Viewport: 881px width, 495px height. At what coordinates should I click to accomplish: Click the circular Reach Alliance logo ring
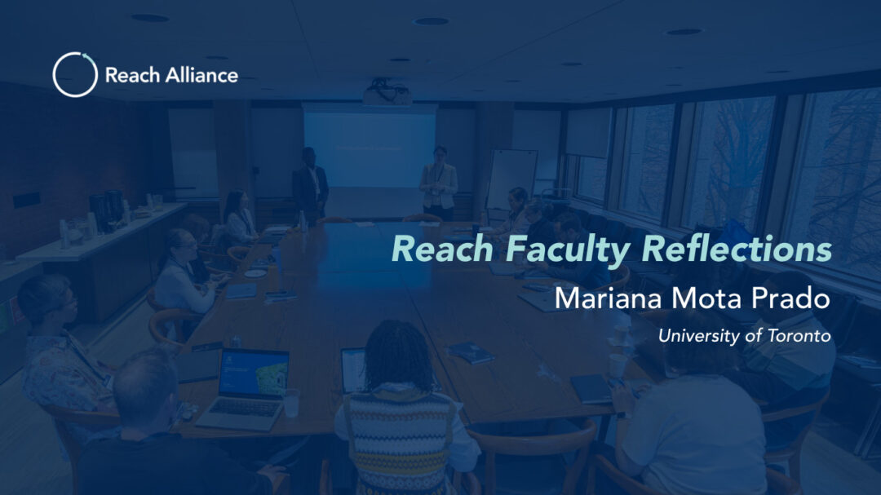point(53,75)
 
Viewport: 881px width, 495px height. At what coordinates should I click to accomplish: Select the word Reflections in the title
point(737,249)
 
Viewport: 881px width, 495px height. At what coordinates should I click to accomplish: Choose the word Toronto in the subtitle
point(799,336)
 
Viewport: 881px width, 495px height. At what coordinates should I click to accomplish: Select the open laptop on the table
point(246,388)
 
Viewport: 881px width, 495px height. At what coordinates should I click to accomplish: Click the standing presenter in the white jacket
point(439,183)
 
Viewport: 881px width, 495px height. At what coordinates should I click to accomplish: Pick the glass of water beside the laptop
point(291,403)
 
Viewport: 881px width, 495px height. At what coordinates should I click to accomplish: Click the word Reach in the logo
point(133,75)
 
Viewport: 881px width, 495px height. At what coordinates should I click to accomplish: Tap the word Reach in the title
point(442,249)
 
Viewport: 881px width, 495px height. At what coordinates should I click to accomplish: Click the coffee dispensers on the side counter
point(107,210)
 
